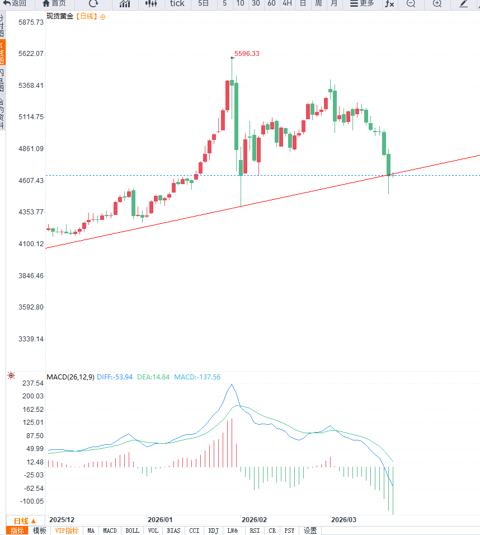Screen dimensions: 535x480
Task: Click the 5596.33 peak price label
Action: pos(247,54)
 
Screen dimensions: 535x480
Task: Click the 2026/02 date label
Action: pos(254,519)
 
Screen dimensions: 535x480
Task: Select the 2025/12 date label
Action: pos(62,519)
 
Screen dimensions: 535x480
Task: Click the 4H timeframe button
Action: pos(287,3)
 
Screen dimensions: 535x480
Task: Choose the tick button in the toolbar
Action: pos(177,3)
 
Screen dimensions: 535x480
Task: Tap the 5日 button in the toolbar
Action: pos(204,3)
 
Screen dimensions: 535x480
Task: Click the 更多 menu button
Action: pos(362,3)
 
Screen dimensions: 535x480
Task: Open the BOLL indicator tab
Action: pos(133,531)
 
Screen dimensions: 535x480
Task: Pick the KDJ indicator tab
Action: pos(213,531)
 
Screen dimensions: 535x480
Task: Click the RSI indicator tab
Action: pos(255,531)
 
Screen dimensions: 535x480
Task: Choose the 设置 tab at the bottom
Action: pos(310,531)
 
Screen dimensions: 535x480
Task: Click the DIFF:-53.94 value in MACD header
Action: pos(115,377)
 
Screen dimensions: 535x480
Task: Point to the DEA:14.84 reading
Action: pos(153,377)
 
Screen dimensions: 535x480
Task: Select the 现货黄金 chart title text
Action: pos(60,16)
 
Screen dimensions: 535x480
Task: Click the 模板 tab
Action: pos(39,531)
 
